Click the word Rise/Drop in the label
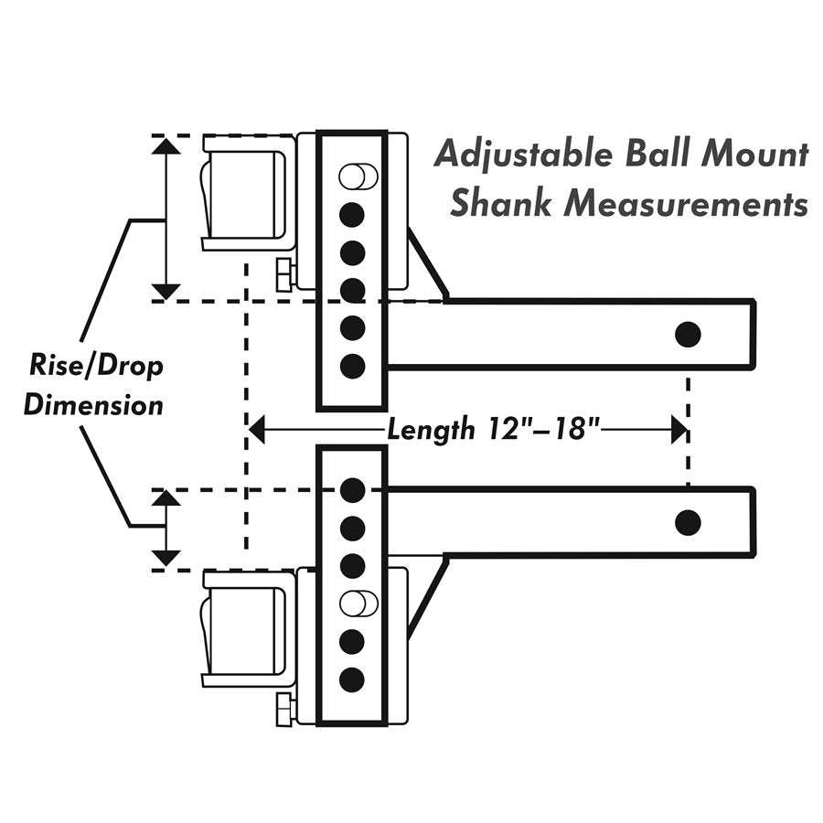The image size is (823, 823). pos(94,368)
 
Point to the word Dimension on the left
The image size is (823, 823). pos(93,404)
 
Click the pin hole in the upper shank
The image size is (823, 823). pos(688,334)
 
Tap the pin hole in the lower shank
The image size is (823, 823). pos(688,522)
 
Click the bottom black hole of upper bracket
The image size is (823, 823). pos(352,366)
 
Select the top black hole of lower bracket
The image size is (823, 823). pos(352,490)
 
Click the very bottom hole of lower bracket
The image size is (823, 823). pos(352,679)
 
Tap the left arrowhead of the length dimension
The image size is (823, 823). pos(257,429)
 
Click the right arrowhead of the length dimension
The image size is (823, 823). pos(679,429)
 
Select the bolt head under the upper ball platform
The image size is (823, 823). pos(283,273)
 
